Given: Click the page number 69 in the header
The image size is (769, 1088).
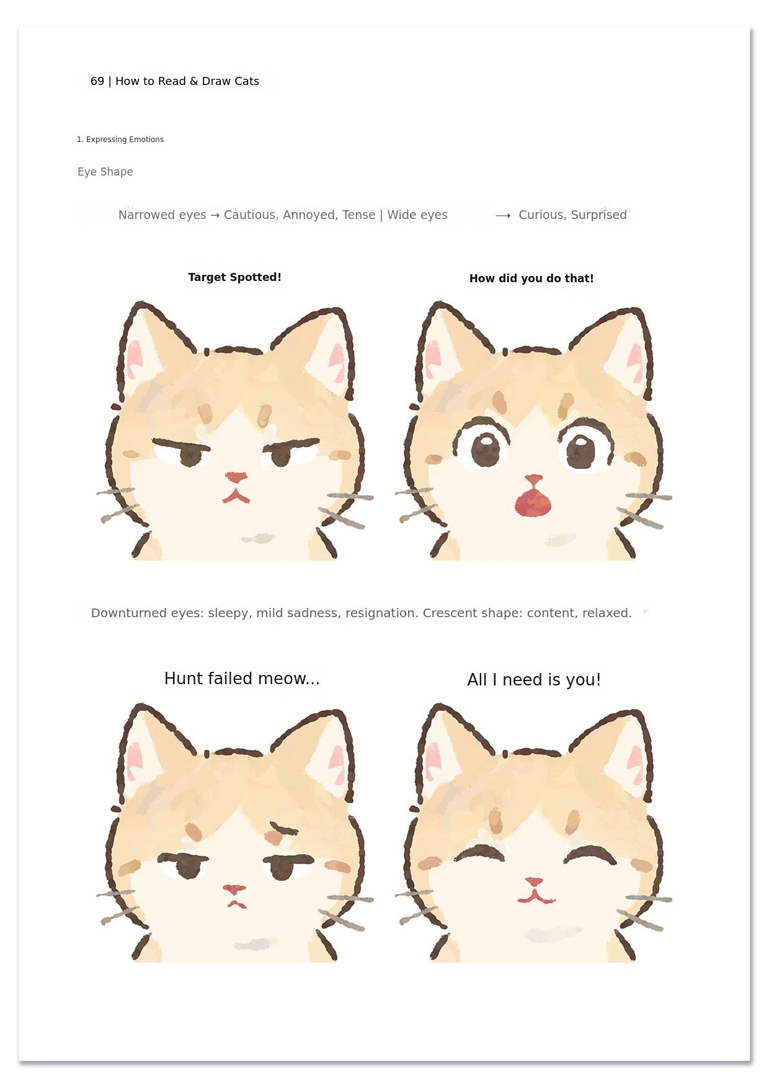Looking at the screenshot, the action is coord(97,81).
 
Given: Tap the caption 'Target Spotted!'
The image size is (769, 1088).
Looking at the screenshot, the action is coord(234,277).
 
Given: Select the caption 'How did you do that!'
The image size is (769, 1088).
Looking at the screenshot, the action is coord(531,279).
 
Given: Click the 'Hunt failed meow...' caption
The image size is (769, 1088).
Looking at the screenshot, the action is coord(242,679).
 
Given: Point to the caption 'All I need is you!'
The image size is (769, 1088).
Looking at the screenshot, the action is coord(534,680).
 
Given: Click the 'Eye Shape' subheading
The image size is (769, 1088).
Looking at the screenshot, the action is coord(105,172).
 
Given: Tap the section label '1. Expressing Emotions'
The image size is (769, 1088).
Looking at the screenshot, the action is coord(120,140).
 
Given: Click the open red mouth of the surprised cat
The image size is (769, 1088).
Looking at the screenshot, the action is coord(533,502).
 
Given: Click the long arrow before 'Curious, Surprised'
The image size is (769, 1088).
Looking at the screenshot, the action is coord(503,215).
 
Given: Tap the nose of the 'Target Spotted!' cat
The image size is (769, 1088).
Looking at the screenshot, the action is coord(236,477).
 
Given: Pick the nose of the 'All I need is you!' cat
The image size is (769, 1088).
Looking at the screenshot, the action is coord(533,881).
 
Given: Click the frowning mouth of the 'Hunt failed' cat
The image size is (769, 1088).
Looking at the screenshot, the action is coord(236,904).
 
